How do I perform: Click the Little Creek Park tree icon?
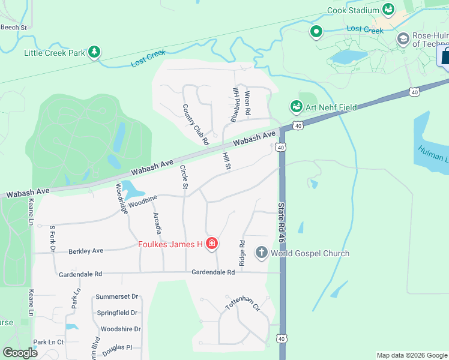coord(94,53)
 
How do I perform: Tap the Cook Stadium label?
coord(353,10)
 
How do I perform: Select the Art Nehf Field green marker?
coord(296,107)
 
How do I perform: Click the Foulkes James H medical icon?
coord(211,244)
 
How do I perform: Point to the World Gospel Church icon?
coord(261,253)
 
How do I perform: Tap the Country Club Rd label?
coord(195,125)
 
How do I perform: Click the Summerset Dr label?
coord(118,296)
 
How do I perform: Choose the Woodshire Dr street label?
coord(121,329)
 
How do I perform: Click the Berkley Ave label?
coord(86,251)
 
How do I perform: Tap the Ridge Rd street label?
coord(242,253)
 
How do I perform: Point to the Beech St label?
coord(14,27)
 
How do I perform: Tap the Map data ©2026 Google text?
coord(411,355)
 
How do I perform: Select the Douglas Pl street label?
coord(116,347)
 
